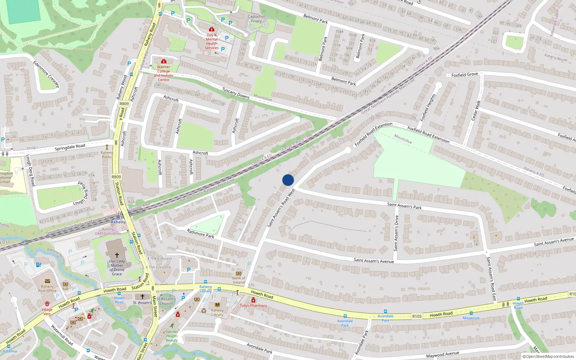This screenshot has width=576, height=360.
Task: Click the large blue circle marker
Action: coord(288,180)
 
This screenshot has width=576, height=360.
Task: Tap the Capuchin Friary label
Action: coord(256,19)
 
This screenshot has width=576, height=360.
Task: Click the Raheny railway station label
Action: coord(118,222)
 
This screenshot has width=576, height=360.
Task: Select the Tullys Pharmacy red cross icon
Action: coord(253,300)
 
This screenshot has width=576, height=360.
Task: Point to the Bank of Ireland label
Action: coord(239,280)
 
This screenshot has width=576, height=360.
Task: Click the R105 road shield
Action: coord(417,316)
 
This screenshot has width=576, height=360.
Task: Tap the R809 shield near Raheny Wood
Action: coord(124,104)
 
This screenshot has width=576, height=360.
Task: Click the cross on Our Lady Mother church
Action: coord(117,255)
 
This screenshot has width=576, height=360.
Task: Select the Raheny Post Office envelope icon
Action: coord(48,281)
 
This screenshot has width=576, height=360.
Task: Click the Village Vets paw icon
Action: coord(47,304)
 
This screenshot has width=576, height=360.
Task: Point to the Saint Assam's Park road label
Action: coord(404,206)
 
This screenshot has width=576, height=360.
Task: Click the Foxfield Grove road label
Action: coord(464,75)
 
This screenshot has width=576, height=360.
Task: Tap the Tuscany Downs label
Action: coord(236,93)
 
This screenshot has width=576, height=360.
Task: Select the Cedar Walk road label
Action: coord(476,111)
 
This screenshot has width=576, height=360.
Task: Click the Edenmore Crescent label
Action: coord(46,74)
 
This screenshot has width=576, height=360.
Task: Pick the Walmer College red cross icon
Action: coord(164,61)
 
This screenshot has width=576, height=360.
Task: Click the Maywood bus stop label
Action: coord(471,318)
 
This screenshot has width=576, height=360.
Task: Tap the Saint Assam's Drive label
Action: coord(396,233)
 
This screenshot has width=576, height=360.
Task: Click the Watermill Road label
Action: coord(62,335)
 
